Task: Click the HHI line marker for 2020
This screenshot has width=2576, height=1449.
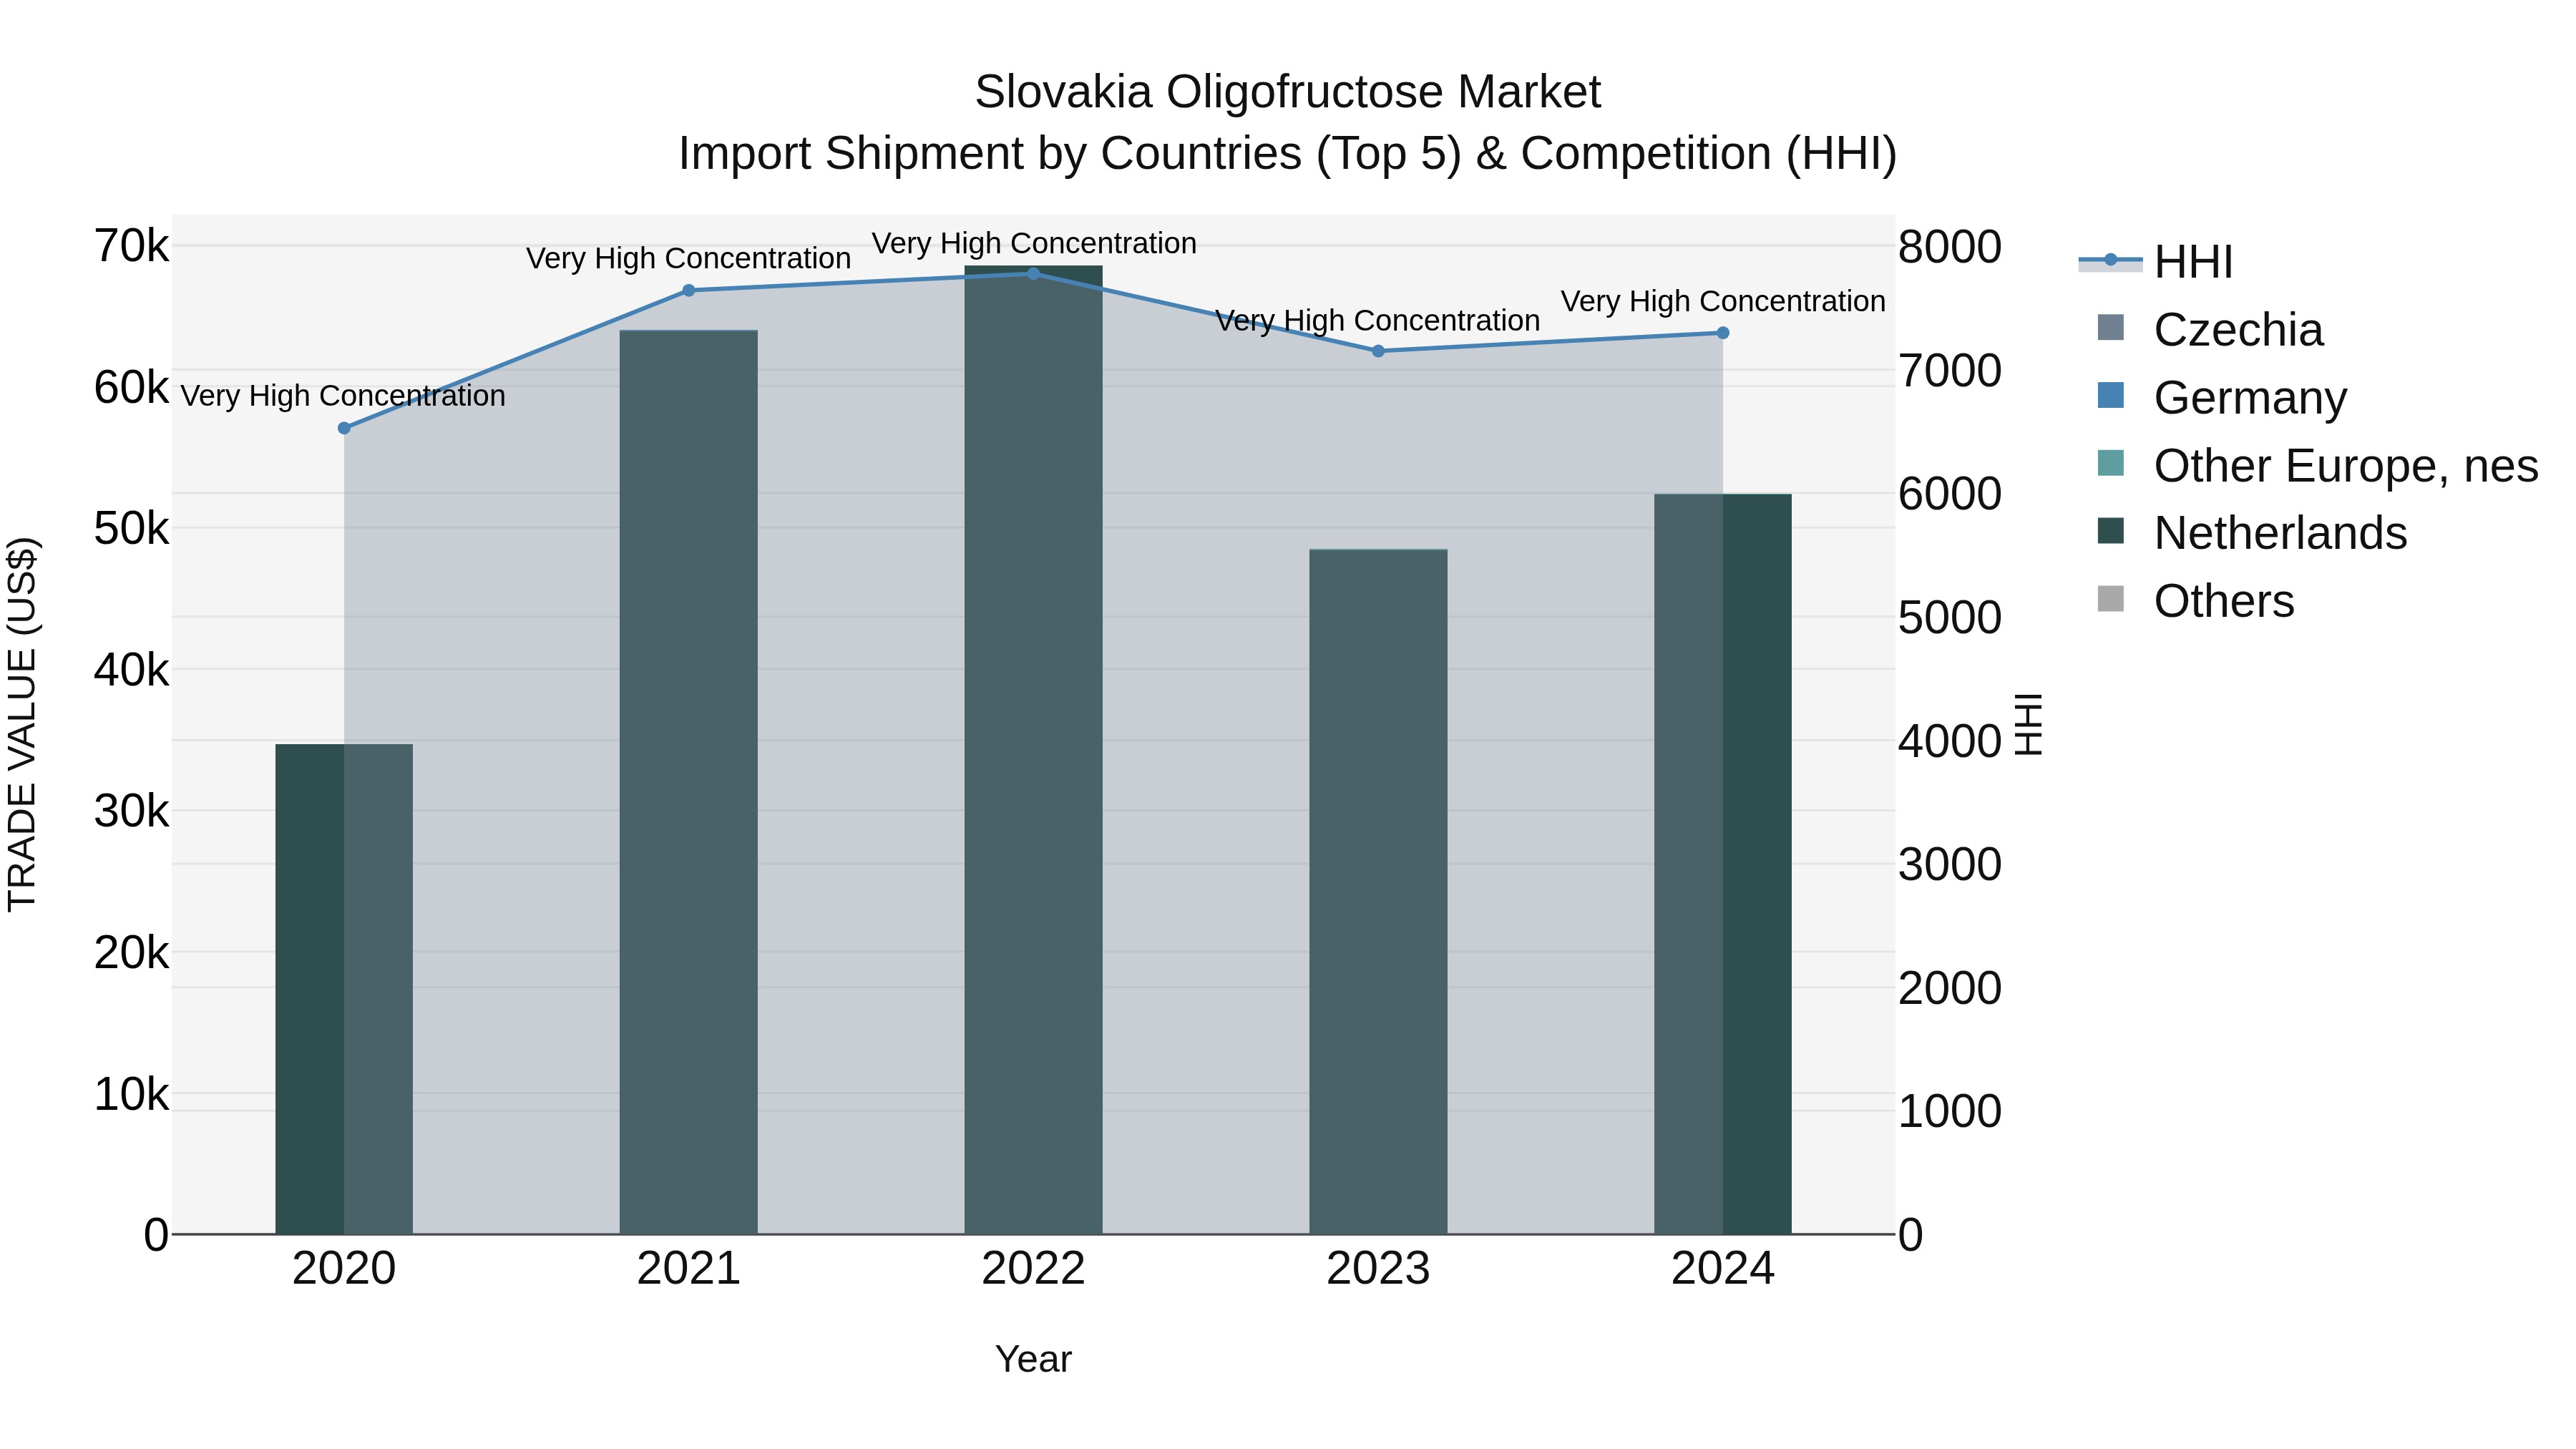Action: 344,428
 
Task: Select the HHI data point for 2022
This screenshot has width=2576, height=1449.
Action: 1033,274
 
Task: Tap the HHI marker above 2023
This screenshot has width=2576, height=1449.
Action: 1378,351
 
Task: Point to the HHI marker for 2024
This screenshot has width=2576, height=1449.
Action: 1722,333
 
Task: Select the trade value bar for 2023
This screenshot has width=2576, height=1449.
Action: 1378,890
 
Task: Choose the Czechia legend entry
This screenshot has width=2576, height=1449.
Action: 2238,330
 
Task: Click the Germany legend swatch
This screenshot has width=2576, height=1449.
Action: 2110,396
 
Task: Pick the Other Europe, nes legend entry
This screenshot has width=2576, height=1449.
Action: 2345,466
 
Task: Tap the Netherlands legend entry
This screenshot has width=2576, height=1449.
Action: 2280,533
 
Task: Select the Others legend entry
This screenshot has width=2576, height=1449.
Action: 2223,601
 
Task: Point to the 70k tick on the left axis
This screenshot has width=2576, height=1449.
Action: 131,246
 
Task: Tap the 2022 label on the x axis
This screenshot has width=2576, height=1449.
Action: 1033,1269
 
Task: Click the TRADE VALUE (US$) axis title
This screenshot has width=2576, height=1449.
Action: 22,724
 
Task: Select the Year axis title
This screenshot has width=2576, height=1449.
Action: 1033,1359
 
